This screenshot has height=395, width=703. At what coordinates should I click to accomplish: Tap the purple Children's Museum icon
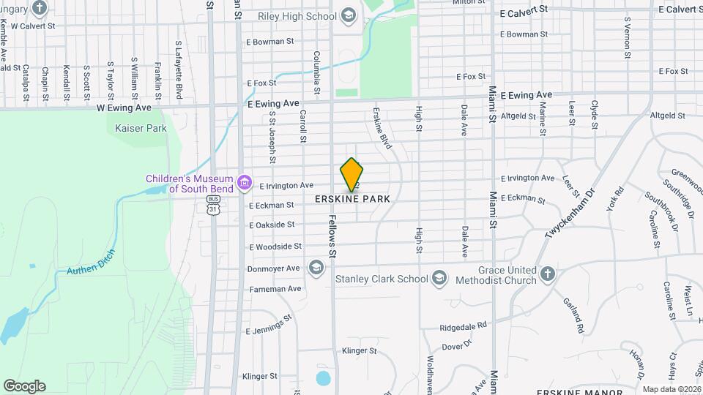[x=245, y=181]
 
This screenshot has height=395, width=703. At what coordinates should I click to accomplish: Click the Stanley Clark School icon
[x=439, y=278]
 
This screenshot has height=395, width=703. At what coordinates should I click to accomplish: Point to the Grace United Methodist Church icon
[x=547, y=274]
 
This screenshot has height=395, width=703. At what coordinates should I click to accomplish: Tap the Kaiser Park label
[x=141, y=128]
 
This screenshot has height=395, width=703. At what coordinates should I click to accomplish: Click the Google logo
[x=24, y=385]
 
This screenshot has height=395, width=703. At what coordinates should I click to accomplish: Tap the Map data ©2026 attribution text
[x=671, y=389]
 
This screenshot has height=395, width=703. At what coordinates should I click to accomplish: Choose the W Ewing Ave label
[x=124, y=107]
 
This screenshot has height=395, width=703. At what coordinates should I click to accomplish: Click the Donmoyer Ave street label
[x=275, y=268]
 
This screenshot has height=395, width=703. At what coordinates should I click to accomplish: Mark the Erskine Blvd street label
[x=382, y=129]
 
